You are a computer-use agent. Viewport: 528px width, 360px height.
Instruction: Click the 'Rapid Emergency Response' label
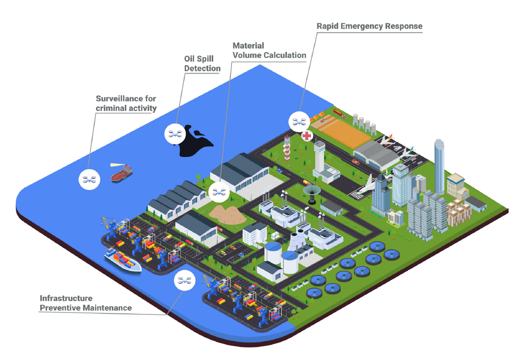[369, 26]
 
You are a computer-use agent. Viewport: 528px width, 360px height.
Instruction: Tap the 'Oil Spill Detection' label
[202, 63]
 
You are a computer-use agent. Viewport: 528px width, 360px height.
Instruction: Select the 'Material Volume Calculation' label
[270, 50]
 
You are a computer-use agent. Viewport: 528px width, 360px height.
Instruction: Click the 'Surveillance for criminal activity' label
[126, 103]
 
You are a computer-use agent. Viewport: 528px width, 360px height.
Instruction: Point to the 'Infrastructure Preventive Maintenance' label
[86, 303]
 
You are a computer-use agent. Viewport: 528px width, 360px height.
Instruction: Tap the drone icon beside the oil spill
[175, 134]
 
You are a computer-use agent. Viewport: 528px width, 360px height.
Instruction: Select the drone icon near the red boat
[89, 179]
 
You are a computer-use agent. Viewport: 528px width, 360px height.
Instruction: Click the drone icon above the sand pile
[219, 192]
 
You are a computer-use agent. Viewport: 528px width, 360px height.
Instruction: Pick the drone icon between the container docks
[184, 280]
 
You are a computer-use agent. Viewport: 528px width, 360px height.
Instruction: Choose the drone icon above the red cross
[299, 122]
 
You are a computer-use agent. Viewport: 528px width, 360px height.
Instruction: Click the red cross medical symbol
[307, 136]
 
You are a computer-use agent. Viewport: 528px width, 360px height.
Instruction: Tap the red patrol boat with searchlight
[122, 173]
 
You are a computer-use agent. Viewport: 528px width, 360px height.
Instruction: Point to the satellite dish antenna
[312, 194]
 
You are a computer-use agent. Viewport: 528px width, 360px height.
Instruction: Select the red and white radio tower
[287, 148]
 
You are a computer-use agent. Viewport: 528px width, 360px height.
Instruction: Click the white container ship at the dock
[122, 260]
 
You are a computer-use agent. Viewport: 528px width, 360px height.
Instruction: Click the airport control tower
[319, 156]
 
